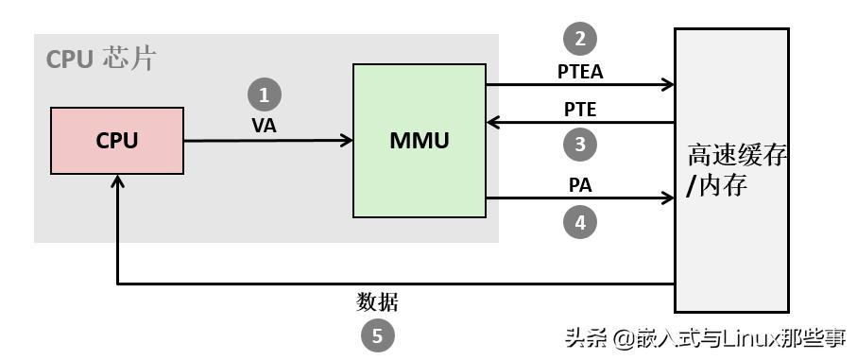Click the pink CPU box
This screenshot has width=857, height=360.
pyautogui.click(x=116, y=141)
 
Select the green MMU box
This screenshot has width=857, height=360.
pyautogui.click(x=419, y=141)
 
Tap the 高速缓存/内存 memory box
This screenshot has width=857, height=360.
pyautogui.click(x=731, y=169)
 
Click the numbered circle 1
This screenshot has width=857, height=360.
pyautogui.click(x=265, y=94)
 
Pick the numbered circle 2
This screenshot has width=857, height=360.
pyautogui.click(x=580, y=39)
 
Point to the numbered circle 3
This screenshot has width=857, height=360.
pyautogui.click(x=580, y=145)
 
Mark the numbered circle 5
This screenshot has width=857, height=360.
pyautogui.click(x=378, y=335)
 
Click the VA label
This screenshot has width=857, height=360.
pyautogui.click(x=265, y=126)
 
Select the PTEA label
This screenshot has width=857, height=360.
pyautogui.click(x=580, y=70)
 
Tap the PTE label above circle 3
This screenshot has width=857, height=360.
pyautogui.click(x=580, y=109)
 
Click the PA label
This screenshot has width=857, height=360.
pyautogui.click(x=580, y=185)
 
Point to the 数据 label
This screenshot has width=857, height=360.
pyautogui.click(x=378, y=302)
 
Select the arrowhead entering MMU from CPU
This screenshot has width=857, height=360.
pyautogui.click(x=347, y=141)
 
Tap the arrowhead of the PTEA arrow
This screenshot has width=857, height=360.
pyautogui.click(x=668, y=85)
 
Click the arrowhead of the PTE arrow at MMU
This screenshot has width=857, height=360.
pyautogui.click(x=492, y=122)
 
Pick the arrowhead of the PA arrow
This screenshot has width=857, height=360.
pyautogui.click(x=668, y=198)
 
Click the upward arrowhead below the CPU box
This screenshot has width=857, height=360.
pyautogui.click(x=116, y=182)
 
